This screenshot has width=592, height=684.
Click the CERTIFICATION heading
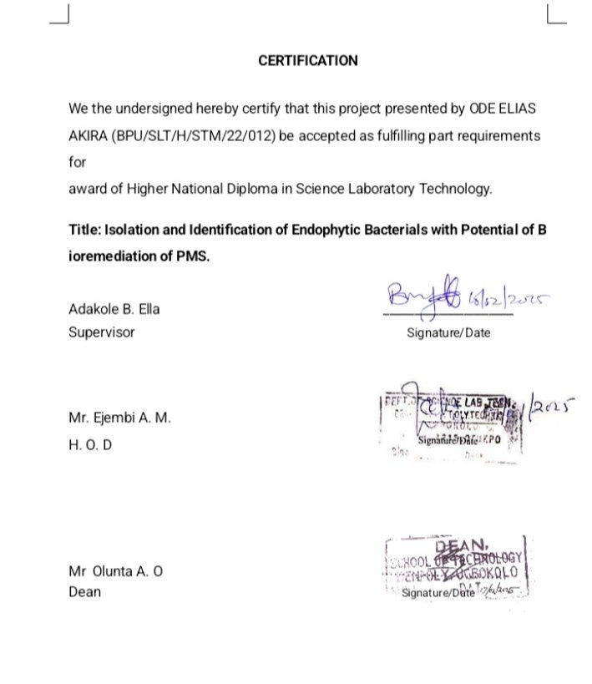click(x=307, y=61)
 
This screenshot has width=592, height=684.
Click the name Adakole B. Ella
click(x=114, y=309)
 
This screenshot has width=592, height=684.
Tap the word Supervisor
click(x=101, y=332)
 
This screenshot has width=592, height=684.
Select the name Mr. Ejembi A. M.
click(x=119, y=418)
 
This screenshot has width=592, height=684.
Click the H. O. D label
click(x=90, y=445)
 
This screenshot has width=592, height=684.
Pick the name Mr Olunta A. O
click(x=115, y=572)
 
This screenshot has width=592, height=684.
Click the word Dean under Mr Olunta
click(x=84, y=592)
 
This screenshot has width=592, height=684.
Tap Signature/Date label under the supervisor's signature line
click(x=448, y=332)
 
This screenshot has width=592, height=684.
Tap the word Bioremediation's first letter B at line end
click(x=542, y=230)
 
